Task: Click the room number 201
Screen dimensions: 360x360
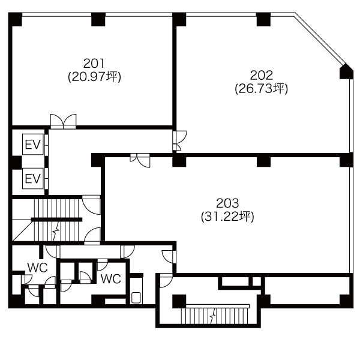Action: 94,64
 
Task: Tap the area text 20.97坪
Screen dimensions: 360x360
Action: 94,77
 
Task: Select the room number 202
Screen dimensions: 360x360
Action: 261,76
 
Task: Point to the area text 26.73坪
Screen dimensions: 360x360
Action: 261,89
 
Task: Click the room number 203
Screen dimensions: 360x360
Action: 227,203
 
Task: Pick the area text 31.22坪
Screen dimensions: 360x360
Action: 227,217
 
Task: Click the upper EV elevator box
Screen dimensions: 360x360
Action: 33,145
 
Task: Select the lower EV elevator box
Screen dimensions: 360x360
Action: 33,178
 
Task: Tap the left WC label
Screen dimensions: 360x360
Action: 37,268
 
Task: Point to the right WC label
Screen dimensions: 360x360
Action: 110,279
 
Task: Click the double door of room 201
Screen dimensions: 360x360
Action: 63,121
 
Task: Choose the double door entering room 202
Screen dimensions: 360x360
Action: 180,141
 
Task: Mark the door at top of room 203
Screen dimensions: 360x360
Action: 140,160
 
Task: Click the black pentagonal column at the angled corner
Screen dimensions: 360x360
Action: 346,71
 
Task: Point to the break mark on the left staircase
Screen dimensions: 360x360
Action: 56,232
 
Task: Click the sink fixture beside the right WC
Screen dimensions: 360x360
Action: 136,298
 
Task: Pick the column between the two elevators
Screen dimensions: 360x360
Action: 15,163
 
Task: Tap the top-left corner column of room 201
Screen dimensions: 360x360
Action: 15,19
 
